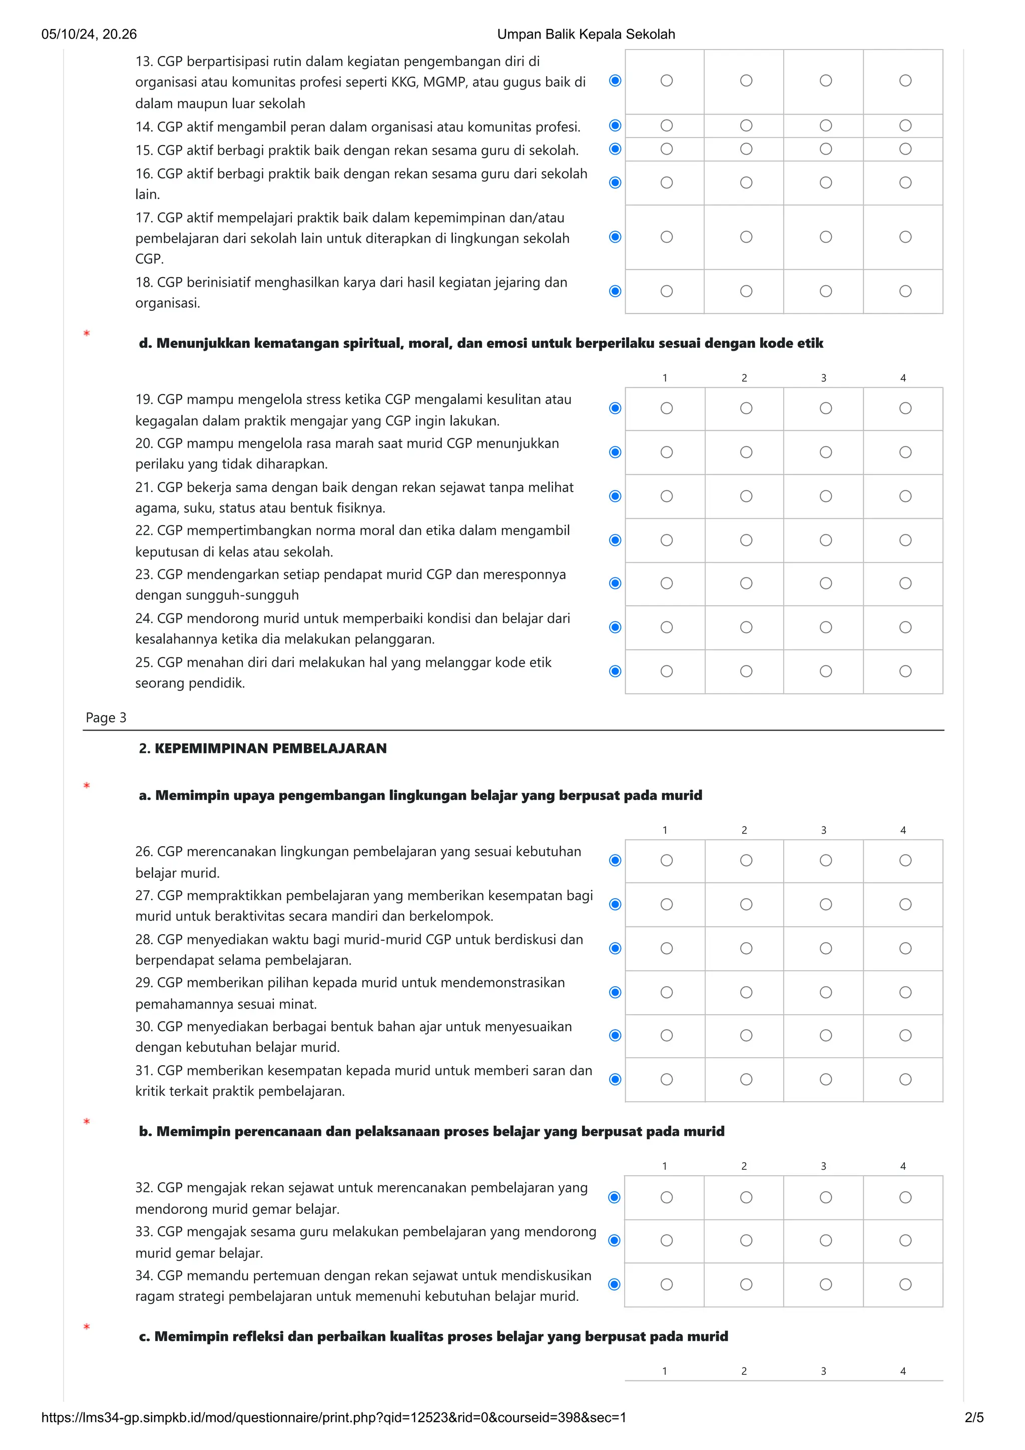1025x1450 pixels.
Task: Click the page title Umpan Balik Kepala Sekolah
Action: pyautogui.click(x=586, y=34)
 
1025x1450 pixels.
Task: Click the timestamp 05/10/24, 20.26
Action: pyautogui.click(x=89, y=34)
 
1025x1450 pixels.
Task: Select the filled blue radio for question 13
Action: pyautogui.click(x=615, y=80)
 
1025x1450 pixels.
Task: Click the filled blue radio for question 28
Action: pyautogui.click(x=615, y=949)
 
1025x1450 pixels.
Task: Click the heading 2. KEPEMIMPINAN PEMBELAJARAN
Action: pyautogui.click(x=263, y=749)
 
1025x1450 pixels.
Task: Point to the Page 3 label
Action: pyautogui.click(x=106, y=717)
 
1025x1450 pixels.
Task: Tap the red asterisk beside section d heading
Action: pyautogui.click(x=87, y=333)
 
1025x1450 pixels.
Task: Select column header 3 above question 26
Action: pyautogui.click(x=823, y=830)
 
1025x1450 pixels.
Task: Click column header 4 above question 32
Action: pyautogui.click(x=903, y=1166)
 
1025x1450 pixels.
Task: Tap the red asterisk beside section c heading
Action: pyautogui.click(x=87, y=1327)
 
